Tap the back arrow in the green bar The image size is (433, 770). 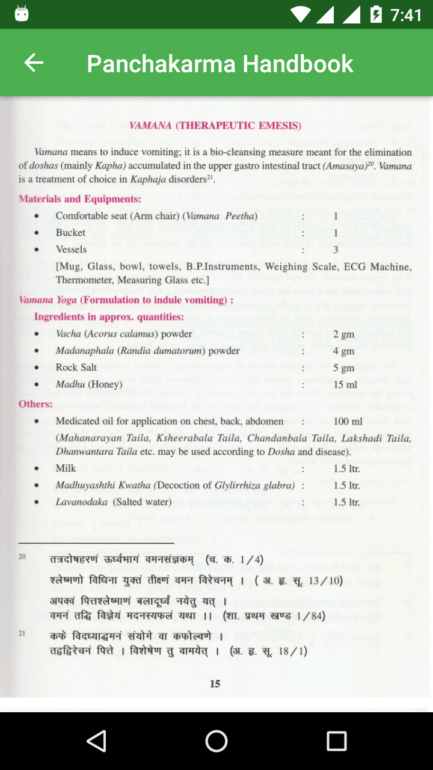pyautogui.click(x=34, y=63)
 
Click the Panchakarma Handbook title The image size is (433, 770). pyautogui.click(x=220, y=63)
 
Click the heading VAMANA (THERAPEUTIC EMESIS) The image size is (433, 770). pyautogui.click(x=215, y=126)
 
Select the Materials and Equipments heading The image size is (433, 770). pyautogui.click(x=80, y=199)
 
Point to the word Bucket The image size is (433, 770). pyautogui.click(x=71, y=232)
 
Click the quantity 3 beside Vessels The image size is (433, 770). pyautogui.click(x=336, y=249)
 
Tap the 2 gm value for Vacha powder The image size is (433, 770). pyautogui.click(x=344, y=334)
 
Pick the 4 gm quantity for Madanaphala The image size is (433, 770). pyautogui.click(x=344, y=351)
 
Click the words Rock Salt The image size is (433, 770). pyautogui.click(x=76, y=367)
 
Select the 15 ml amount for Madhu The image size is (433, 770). pyautogui.click(x=345, y=384)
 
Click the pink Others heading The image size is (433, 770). pyautogui.click(x=35, y=404)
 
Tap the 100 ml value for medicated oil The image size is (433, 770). pyautogui.click(x=348, y=421)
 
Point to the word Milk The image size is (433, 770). pyautogui.click(x=66, y=468)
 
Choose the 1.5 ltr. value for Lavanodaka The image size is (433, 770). pyautogui.click(x=346, y=502)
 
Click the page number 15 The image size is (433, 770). pyautogui.click(x=215, y=683)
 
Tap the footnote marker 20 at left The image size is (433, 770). pyautogui.click(x=22, y=556)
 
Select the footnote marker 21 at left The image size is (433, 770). pyautogui.click(x=22, y=633)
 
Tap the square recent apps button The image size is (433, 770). pyautogui.click(x=336, y=741)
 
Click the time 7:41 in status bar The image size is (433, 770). pyautogui.click(x=406, y=14)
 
